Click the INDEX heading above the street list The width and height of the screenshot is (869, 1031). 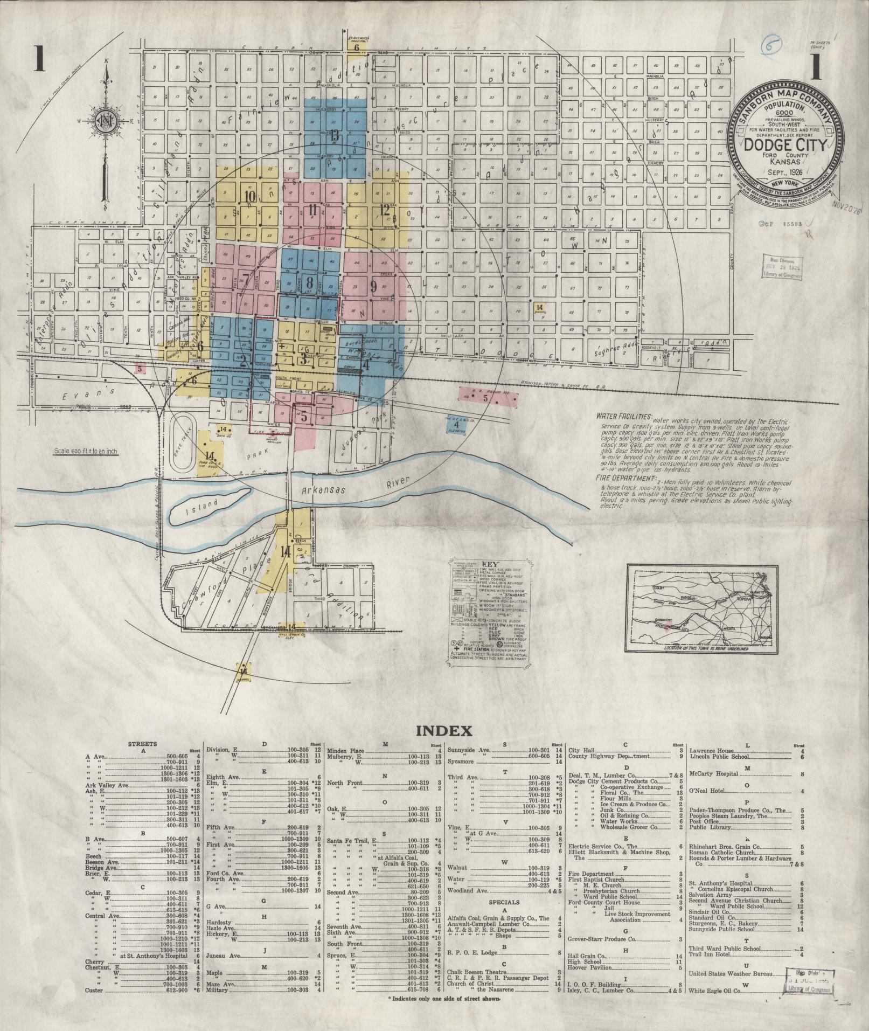444,730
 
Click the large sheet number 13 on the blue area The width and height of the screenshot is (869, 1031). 335,136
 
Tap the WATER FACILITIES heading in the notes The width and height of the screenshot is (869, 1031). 624,417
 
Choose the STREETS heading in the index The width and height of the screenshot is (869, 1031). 142,744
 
